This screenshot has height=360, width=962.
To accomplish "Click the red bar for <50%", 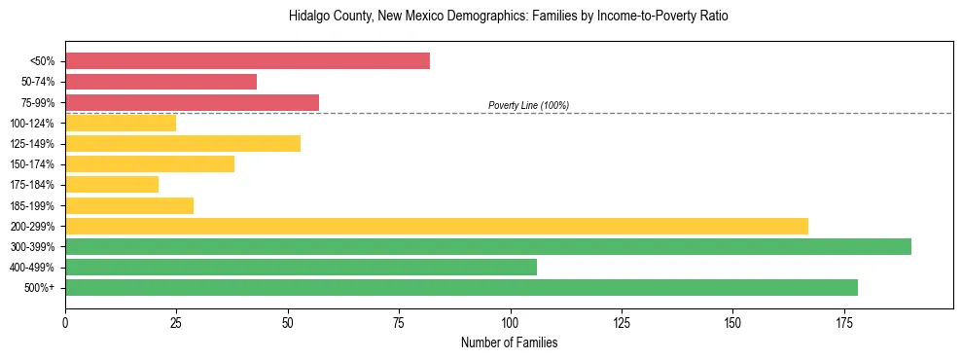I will point(247,61).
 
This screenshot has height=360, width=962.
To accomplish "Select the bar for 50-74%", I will point(160,82).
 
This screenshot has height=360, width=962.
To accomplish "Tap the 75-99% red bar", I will point(192,102).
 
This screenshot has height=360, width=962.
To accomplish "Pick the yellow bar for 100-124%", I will point(121,123).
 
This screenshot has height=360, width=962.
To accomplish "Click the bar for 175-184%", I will point(112,184).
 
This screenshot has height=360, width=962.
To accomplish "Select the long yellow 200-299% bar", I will point(436,226).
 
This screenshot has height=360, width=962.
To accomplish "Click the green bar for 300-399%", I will point(487,246).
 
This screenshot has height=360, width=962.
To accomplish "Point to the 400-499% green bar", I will point(301,267).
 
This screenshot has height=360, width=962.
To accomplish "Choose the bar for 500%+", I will point(461,287).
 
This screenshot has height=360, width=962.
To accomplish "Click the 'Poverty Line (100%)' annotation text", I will point(528,105).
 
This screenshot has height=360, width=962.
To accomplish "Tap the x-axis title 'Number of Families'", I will point(509,343).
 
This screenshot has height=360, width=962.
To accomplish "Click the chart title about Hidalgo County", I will point(509,17).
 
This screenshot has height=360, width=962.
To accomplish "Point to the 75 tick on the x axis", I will point(399,322).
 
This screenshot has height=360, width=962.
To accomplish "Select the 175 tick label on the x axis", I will point(843,322).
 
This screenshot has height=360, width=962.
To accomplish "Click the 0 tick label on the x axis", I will point(65,322).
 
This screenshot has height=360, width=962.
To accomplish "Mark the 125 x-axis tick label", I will point(621,322).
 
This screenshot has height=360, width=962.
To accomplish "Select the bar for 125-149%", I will point(183,143).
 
